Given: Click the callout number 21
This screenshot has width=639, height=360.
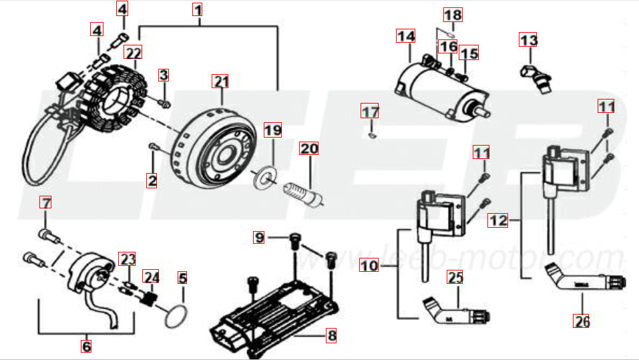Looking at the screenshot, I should click(221, 82).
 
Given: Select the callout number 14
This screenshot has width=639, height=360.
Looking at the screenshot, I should click(405, 36).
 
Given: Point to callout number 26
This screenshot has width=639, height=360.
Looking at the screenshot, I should click(582, 321).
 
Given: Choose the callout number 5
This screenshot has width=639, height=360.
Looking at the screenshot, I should click(182, 277).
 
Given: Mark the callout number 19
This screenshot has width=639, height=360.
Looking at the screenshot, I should click(272, 130).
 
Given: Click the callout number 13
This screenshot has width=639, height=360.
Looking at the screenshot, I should click(528, 41).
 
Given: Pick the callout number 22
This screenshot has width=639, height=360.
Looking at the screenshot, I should click(133, 51).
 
